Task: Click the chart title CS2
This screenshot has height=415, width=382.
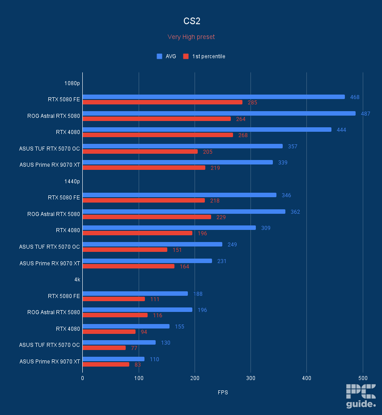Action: tap(191, 21)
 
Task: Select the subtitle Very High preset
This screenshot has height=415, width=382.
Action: tap(191, 37)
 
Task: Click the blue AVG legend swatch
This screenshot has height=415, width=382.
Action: tap(159, 56)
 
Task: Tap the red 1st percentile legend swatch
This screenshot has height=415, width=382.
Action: tap(185, 56)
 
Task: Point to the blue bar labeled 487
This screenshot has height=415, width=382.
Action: tap(219, 113)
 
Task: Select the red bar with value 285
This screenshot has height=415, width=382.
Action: tap(162, 102)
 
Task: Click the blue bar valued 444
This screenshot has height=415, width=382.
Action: tap(207, 130)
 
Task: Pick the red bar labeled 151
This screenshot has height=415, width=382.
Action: tap(125, 250)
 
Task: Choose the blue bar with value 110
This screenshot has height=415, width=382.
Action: tap(113, 359)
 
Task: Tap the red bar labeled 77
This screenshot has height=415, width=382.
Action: tap(104, 348)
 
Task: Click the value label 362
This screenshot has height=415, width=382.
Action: tap(295, 212)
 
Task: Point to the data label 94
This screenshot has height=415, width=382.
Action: tap(144, 332)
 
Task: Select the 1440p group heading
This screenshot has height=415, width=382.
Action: tap(72, 182)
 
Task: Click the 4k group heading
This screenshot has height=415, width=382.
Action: tap(77, 280)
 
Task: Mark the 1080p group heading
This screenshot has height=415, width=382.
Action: tap(72, 83)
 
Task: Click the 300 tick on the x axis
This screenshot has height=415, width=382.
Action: tap(250, 378)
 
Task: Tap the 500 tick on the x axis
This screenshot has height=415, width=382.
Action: tap(362, 378)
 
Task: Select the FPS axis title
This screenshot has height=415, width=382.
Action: tap(222, 393)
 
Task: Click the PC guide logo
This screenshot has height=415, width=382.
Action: tap(361, 396)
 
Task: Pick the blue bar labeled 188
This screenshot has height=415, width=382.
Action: tap(135, 294)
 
